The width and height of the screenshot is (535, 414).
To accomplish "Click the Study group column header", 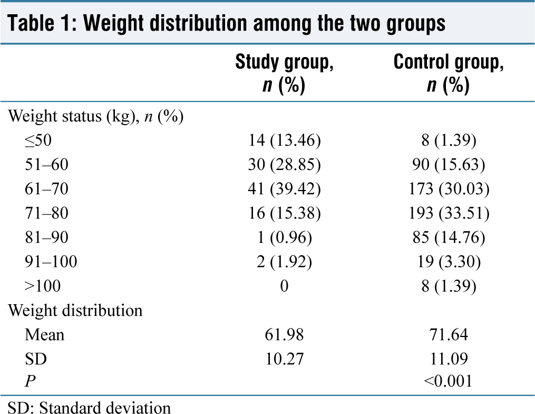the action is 284,73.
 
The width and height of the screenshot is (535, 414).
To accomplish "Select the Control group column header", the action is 449,73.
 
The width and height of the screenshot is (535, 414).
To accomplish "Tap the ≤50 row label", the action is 38,140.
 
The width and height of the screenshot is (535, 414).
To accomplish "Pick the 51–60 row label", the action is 46,164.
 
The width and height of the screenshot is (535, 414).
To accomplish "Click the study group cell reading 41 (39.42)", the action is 284,189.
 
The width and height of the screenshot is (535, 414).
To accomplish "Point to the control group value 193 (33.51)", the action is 449,213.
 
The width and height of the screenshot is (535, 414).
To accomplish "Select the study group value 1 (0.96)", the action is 284,237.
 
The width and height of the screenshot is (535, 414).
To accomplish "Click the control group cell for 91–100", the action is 449,261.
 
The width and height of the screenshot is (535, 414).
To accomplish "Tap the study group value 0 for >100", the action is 284,286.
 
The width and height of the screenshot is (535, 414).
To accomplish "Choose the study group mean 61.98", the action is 284,334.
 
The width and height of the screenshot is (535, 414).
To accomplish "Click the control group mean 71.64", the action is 449,334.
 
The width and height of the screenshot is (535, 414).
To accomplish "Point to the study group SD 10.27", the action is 284,359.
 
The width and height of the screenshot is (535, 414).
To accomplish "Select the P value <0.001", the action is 448,381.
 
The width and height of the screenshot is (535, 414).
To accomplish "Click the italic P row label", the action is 30,381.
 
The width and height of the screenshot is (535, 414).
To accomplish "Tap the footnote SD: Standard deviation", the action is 89,408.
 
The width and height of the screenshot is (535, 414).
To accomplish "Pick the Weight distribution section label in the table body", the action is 75,310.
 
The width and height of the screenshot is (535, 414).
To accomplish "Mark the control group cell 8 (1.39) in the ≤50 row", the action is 449,140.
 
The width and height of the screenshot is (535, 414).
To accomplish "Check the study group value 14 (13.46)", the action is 284,140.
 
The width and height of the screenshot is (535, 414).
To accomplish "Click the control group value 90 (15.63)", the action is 449,164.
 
